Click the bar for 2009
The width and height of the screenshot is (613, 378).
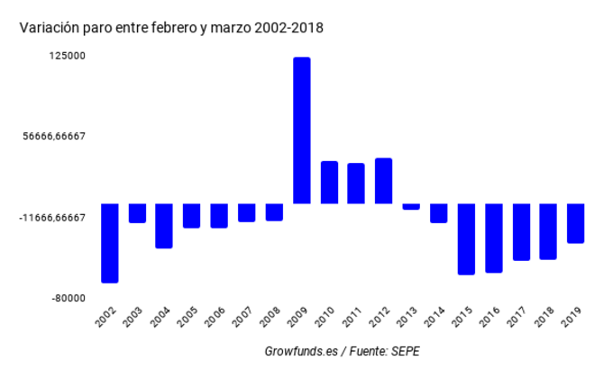(302, 130)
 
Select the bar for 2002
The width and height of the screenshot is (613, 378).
(110, 243)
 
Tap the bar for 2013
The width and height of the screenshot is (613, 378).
(411, 206)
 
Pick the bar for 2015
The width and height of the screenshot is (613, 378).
(466, 238)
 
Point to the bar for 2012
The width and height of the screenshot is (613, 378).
(384, 181)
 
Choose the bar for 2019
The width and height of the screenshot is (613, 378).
(576, 223)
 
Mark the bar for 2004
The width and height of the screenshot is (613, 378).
(164, 226)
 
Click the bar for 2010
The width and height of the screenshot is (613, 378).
(329, 183)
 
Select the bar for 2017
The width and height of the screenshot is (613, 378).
(521, 232)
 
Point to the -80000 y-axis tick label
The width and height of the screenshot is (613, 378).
(69, 299)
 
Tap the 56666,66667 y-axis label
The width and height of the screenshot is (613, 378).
(55, 137)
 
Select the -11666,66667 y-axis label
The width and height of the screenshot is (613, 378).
(51, 218)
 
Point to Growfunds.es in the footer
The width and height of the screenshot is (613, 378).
(301, 351)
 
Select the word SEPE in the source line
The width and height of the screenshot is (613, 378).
(405, 351)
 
